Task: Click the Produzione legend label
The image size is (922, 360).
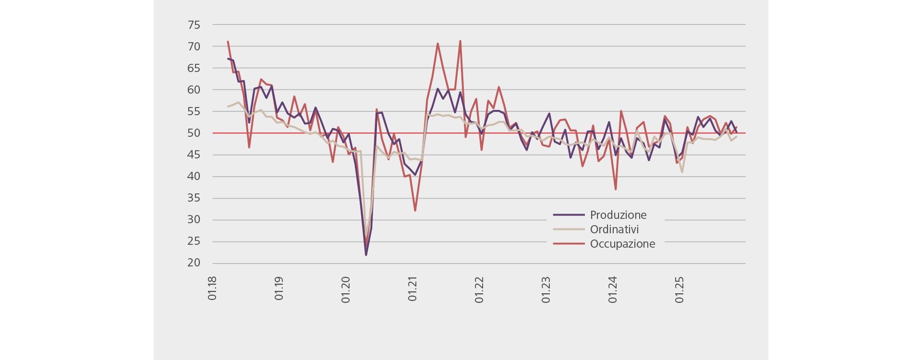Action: click(x=618, y=215)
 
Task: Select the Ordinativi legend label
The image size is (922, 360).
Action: click(x=614, y=229)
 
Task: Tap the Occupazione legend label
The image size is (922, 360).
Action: click(x=622, y=244)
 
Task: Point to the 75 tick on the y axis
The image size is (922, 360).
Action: click(x=194, y=25)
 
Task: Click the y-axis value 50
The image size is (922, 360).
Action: click(x=194, y=133)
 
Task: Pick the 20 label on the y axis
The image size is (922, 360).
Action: click(x=194, y=263)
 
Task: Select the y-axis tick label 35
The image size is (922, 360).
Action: click(x=194, y=198)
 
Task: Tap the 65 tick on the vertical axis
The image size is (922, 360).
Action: click(x=194, y=68)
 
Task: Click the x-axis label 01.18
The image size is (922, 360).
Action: click(x=212, y=288)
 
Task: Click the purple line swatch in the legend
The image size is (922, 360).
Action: click(x=569, y=215)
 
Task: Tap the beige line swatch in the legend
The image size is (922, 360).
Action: click(x=569, y=229)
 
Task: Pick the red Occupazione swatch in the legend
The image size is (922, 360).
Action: click(x=569, y=244)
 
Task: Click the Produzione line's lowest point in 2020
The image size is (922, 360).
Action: click(x=366, y=254)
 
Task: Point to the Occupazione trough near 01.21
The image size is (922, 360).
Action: click(x=415, y=210)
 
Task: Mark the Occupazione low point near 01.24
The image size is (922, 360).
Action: click(x=615, y=189)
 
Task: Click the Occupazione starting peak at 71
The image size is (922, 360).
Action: click(x=228, y=42)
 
